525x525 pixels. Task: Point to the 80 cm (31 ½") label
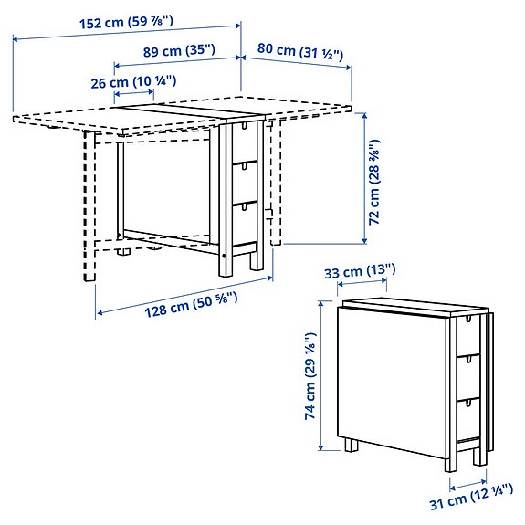[x=300, y=54]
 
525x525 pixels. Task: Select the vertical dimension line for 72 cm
[x=365, y=177]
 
